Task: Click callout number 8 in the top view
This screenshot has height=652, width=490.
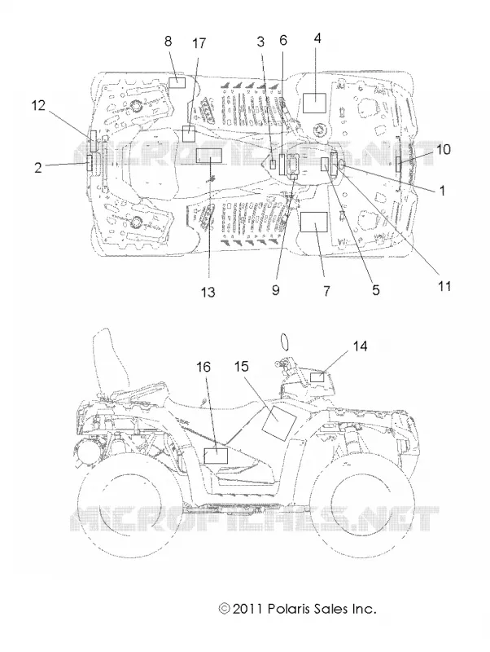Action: (x=168, y=42)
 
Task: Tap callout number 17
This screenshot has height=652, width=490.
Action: (x=199, y=43)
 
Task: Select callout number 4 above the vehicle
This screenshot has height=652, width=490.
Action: (x=317, y=38)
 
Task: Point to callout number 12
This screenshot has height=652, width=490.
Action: (x=38, y=106)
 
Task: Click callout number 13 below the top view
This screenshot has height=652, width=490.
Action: (x=208, y=292)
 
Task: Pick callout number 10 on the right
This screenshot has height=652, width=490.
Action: (x=444, y=149)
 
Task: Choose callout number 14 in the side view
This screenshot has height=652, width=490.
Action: (x=360, y=346)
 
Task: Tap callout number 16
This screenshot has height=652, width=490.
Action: (x=203, y=367)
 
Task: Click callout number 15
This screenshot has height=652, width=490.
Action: (x=241, y=366)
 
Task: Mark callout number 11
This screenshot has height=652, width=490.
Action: (x=444, y=286)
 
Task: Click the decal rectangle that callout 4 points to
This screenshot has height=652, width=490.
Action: (x=314, y=103)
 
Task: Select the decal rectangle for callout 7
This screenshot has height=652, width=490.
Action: (x=314, y=222)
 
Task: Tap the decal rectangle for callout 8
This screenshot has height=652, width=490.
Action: (x=177, y=82)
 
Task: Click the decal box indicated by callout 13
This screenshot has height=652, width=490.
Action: (x=209, y=155)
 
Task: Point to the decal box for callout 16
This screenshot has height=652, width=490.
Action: (x=216, y=456)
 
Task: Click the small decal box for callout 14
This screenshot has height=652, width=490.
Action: (x=317, y=377)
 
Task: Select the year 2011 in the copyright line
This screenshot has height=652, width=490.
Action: (x=247, y=609)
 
